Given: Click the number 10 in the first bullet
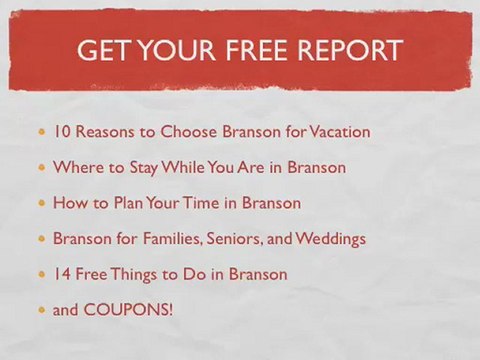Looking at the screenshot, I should [x=62, y=131].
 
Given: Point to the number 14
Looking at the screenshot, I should [x=62, y=274].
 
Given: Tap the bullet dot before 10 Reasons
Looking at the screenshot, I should [x=41, y=132].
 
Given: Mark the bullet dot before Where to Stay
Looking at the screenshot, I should [x=41, y=168].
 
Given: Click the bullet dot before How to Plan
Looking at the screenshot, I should [x=41, y=204].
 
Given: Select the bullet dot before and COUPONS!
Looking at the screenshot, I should [x=41, y=311].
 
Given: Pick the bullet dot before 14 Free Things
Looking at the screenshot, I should [x=41, y=275].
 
